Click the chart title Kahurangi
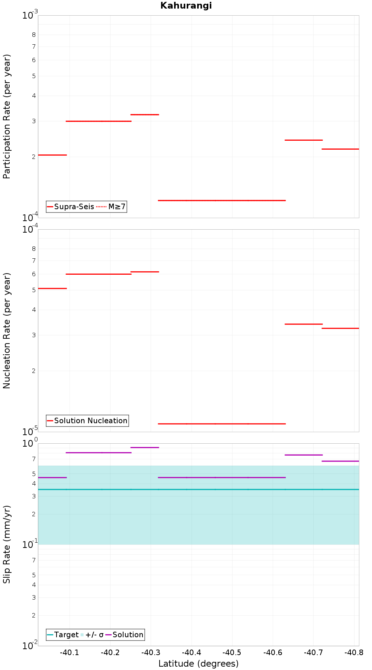(186, 6)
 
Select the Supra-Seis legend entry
(70, 207)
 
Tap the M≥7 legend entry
(111, 207)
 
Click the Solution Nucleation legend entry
(87, 421)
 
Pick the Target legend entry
(63, 635)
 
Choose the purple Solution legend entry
(125, 635)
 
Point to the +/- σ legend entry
(92, 635)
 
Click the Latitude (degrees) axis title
(199, 664)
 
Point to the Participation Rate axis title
(7, 117)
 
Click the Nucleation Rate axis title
(7, 331)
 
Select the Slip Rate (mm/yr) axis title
(7, 544)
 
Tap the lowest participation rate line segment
(222, 200)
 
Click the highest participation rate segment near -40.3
(145, 115)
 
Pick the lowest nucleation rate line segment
(222, 424)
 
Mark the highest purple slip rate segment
(145, 447)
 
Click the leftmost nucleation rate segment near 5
(52, 288)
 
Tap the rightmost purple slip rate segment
(340, 461)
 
